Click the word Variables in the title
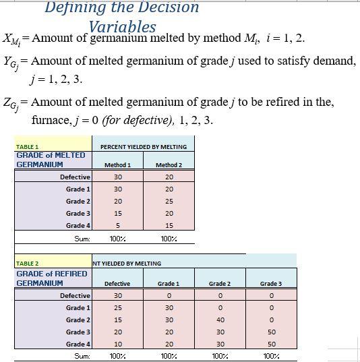[x=122, y=27]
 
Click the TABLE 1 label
[x=28, y=146]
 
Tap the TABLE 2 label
[x=28, y=264]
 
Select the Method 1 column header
[x=117, y=164]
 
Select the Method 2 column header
[x=169, y=164]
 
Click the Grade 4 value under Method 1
[x=117, y=225]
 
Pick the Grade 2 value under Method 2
[x=169, y=201]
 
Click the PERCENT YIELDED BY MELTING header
[x=143, y=146]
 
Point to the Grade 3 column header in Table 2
[x=270, y=284]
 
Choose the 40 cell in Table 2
[x=220, y=320]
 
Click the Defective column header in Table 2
[x=117, y=284]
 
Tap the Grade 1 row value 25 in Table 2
[x=117, y=307]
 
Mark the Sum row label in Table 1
[x=81, y=238]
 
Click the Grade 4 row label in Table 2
[x=78, y=344]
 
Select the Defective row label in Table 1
[x=75, y=177]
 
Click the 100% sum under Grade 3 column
[x=270, y=355]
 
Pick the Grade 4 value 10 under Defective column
[x=117, y=344]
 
